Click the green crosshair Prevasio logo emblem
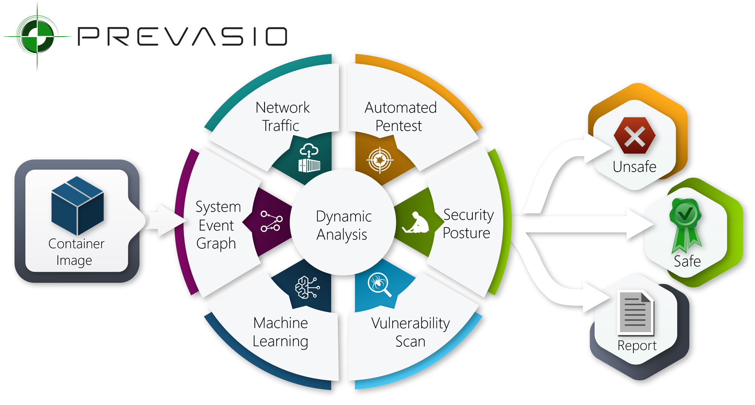(x=37, y=36)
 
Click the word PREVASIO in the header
(x=182, y=36)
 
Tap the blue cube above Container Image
(x=77, y=205)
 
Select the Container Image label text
(x=76, y=252)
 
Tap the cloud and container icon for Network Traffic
(x=309, y=158)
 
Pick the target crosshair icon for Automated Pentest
(x=380, y=160)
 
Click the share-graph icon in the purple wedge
(x=271, y=221)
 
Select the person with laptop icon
(x=416, y=223)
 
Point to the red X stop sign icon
(x=635, y=135)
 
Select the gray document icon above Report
(x=636, y=314)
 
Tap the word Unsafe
(x=634, y=167)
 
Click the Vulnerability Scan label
(x=410, y=332)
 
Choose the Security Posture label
(x=468, y=224)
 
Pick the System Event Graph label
(x=218, y=225)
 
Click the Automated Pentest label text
(x=400, y=117)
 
